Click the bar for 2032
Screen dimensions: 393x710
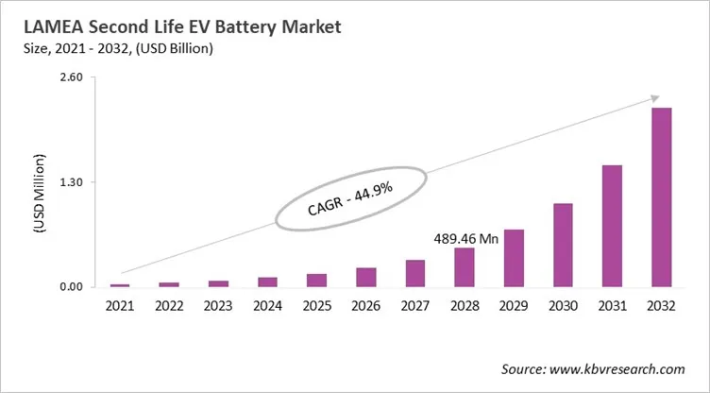click(661, 197)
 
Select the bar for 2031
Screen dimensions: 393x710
click(612, 226)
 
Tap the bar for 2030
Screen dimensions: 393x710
click(563, 245)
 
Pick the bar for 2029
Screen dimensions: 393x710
click(514, 258)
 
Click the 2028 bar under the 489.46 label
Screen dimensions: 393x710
click(465, 267)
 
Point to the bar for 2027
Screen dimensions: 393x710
click(415, 273)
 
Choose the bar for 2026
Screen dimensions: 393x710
click(366, 277)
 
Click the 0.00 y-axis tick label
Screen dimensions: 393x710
click(72, 287)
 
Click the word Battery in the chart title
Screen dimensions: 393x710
click(233, 28)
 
